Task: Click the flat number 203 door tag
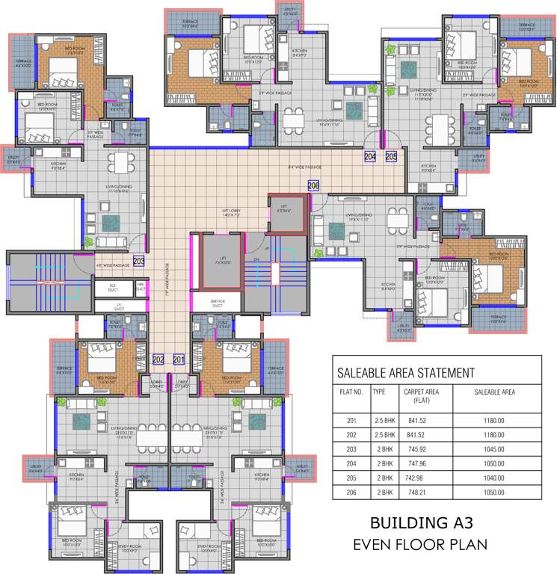coord(138,261)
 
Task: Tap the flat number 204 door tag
coord(370,156)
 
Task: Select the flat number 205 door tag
coord(392,156)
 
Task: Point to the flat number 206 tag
coord(313,186)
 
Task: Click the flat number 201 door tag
coord(178,359)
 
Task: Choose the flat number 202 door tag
coord(158,359)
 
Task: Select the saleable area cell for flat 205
coord(494,475)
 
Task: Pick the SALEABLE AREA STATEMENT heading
coord(405,372)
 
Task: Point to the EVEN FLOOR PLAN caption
coord(420,544)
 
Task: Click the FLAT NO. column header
coord(351,392)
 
